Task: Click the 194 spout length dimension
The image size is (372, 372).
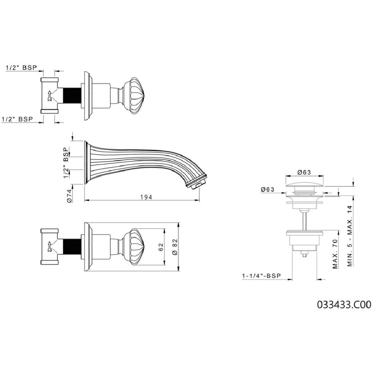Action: click(x=146, y=197)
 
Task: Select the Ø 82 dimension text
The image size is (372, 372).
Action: click(x=175, y=247)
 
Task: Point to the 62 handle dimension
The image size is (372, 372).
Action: click(x=161, y=247)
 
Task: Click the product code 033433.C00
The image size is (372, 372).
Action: click(x=344, y=304)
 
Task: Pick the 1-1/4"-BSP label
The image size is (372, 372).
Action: click(x=261, y=276)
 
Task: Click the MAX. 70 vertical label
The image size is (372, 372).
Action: click(x=335, y=254)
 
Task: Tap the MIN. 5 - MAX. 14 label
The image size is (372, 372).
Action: click(x=350, y=236)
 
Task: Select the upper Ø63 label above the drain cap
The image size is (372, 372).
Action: click(x=304, y=172)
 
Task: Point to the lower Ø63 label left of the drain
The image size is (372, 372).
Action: click(x=267, y=189)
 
